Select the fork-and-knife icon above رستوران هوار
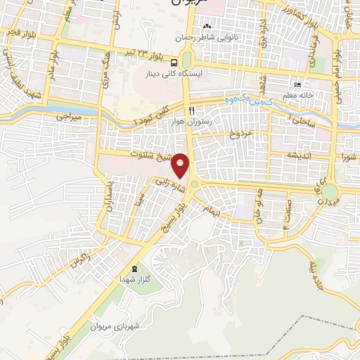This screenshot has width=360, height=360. click(x=191, y=111)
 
